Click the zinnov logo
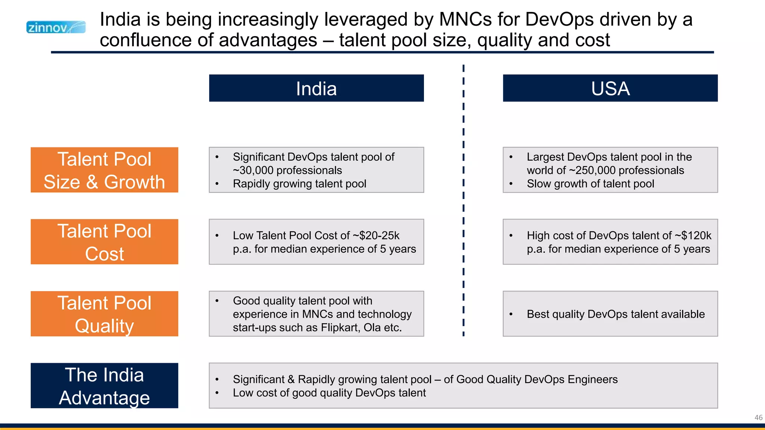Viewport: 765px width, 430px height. tap(56, 27)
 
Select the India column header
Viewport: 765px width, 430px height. tap(316, 88)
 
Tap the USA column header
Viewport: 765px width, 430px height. tap(610, 88)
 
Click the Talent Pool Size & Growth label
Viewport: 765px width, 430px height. tap(104, 170)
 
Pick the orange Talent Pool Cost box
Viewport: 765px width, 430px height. tap(104, 242)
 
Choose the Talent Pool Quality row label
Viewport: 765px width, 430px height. tap(104, 314)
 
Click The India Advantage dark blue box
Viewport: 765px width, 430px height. tap(104, 386)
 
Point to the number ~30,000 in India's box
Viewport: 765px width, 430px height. tap(254, 171)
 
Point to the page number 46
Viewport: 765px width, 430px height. tap(758, 418)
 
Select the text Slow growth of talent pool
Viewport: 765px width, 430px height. tap(590, 184)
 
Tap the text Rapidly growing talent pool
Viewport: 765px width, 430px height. tap(299, 184)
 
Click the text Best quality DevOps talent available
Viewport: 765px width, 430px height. tap(616, 314)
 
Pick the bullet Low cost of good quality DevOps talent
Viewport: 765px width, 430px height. tap(329, 393)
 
